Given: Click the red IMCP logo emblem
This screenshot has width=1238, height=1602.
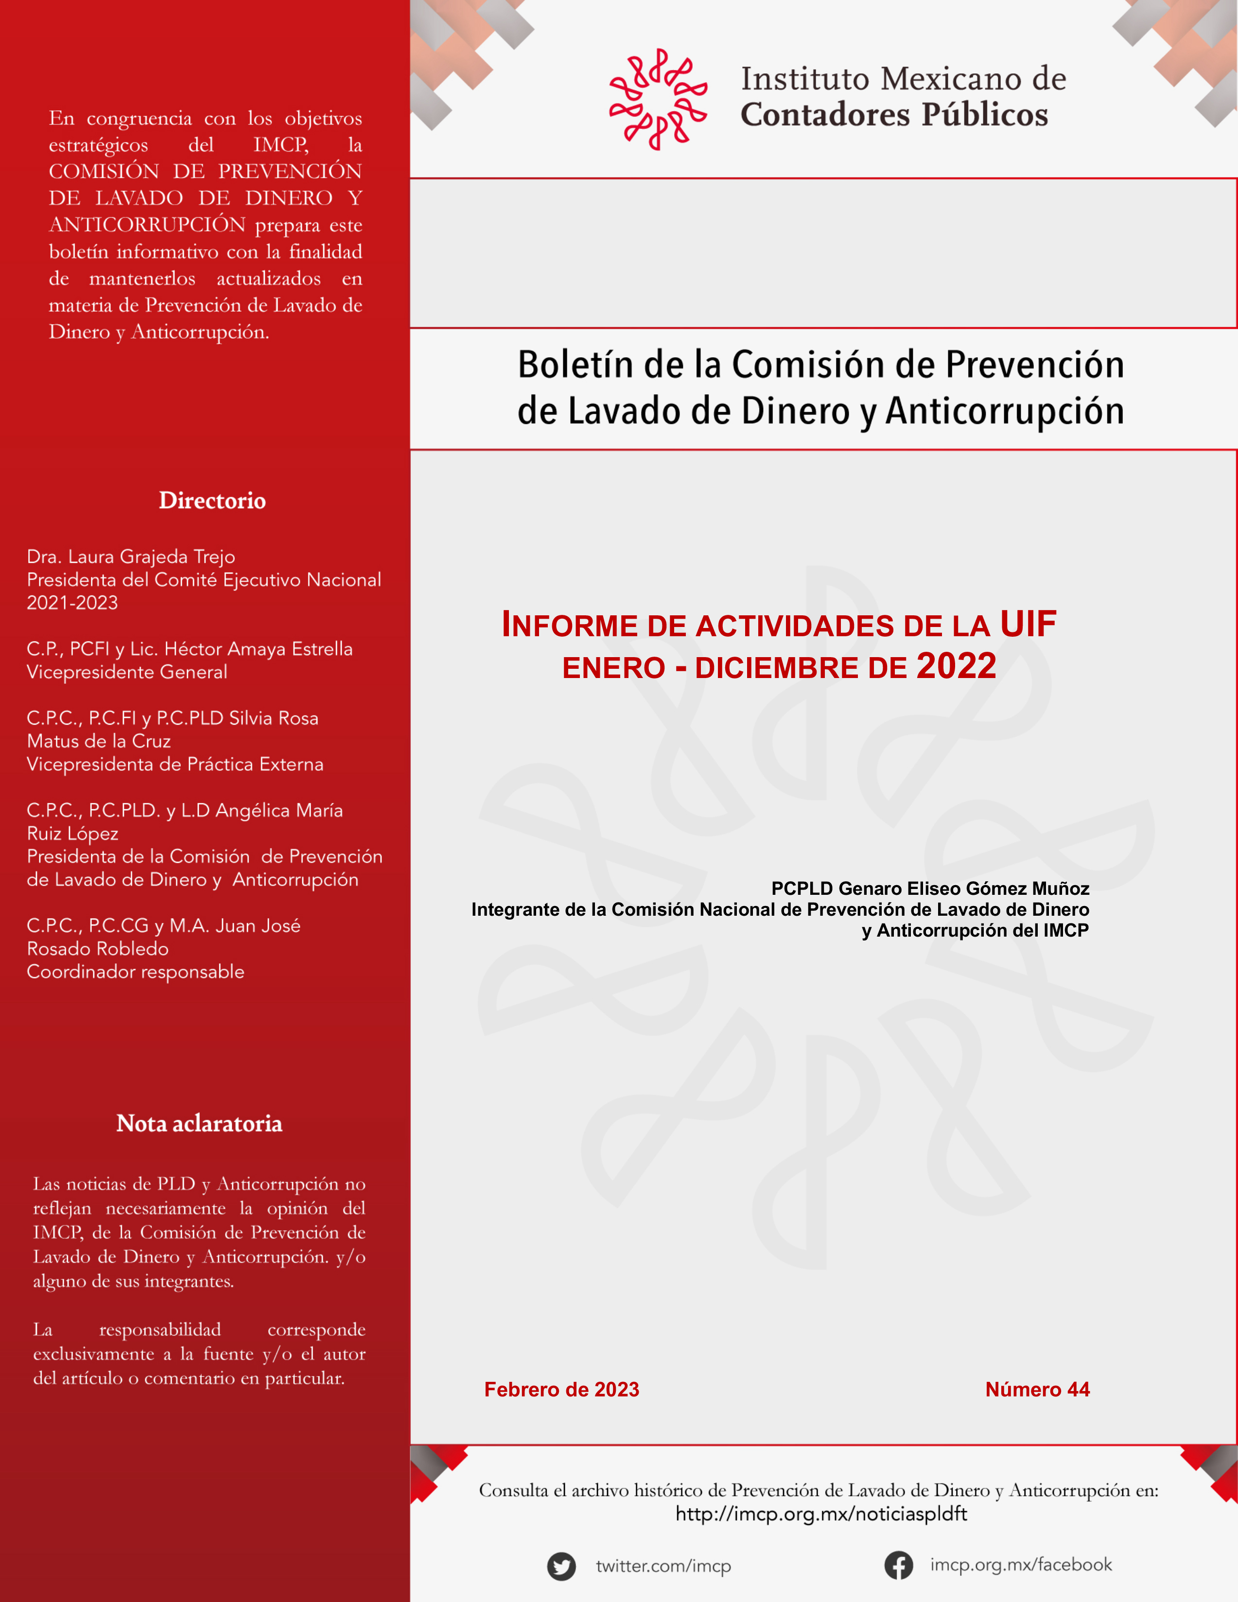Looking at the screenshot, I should [x=658, y=99].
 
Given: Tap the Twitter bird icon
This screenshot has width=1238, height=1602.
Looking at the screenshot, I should [x=561, y=1566].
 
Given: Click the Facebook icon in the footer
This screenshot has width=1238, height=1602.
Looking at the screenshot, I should [x=898, y=1566].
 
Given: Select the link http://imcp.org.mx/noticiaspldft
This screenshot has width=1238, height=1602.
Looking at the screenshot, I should [x=820, y=1514].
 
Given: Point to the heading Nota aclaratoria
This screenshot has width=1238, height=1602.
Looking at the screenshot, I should [x=199, y=1124].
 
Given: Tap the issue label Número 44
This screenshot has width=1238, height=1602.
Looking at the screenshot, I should [x=1037, y=1389].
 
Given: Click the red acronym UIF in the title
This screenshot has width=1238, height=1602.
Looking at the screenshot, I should [x=1028, y=624].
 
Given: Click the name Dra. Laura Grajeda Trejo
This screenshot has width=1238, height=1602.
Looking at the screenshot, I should [x=131, y=557].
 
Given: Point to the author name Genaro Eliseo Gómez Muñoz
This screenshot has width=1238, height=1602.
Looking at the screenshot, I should [x=963, y=888].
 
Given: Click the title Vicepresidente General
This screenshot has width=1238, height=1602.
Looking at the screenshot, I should [x=127, y=672].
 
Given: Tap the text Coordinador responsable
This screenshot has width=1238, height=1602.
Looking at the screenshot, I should [x=136, y=972].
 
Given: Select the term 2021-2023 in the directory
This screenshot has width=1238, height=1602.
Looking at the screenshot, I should [x=72, y=603].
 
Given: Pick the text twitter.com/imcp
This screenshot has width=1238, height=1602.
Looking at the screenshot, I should [x=663, y=1566].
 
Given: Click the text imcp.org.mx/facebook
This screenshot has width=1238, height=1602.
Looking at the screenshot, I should [x=1021, y=1565].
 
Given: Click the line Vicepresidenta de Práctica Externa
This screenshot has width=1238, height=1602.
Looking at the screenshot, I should [x=174, y=765].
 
